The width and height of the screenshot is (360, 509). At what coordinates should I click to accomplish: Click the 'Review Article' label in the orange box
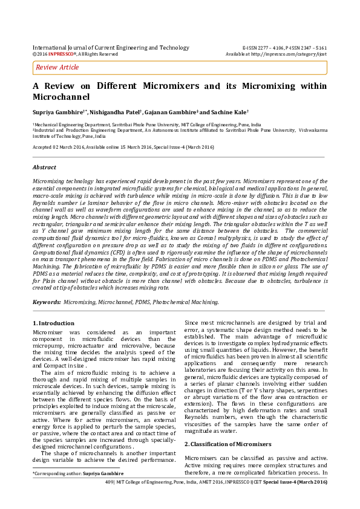(x=57, y=68)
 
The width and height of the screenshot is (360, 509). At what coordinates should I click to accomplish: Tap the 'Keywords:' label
(x=47, y=301)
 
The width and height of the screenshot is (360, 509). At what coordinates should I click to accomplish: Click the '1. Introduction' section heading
(x=53, y=323)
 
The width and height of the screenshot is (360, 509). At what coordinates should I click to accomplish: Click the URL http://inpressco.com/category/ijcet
(x=292, y=54)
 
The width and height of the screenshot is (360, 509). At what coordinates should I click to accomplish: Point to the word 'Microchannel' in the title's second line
(x=61, y=97)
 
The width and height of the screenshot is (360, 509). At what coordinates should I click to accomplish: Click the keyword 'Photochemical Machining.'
(x=185, y=301)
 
